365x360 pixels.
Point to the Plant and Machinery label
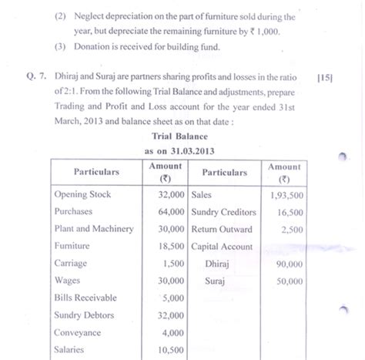tap(94, 229)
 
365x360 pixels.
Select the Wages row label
tap(68, 281)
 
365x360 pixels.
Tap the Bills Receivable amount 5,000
tap(172, 298)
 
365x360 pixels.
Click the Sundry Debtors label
tap(84, 315)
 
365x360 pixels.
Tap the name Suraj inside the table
tap(215, 281)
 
